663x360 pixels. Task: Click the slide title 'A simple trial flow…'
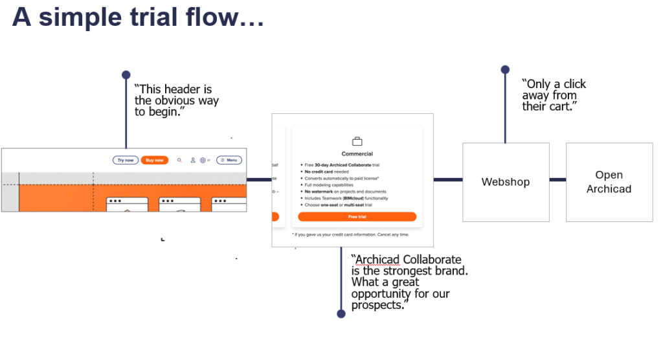tap(137, 17)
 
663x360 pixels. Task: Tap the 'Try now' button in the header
tap(125, 160)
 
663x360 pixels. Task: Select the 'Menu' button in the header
tap(229, 160)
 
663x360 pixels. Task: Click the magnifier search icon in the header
tap(179, 160)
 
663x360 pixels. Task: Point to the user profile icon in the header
tap(192, 160)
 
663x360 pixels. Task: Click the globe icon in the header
tap(203, 160)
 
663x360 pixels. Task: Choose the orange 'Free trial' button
tap(357, 217)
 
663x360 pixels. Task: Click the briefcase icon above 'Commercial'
tap(357, 141)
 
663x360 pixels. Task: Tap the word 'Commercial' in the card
tap(357, 154)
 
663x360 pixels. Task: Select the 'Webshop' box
tap(506, 182)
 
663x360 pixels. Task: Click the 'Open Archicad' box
tap(609, 182)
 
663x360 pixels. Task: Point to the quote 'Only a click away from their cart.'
tap(554, 95)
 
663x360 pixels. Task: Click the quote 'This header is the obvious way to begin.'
tap(176, 100)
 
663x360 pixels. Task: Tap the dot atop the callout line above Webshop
tap(505, 70)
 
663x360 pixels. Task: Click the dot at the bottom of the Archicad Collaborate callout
tap(341, 314)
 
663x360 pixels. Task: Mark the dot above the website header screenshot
tap(126, 75)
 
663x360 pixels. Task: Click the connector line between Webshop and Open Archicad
tap(557, 179)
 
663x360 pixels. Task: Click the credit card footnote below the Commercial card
tap(350, 234)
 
